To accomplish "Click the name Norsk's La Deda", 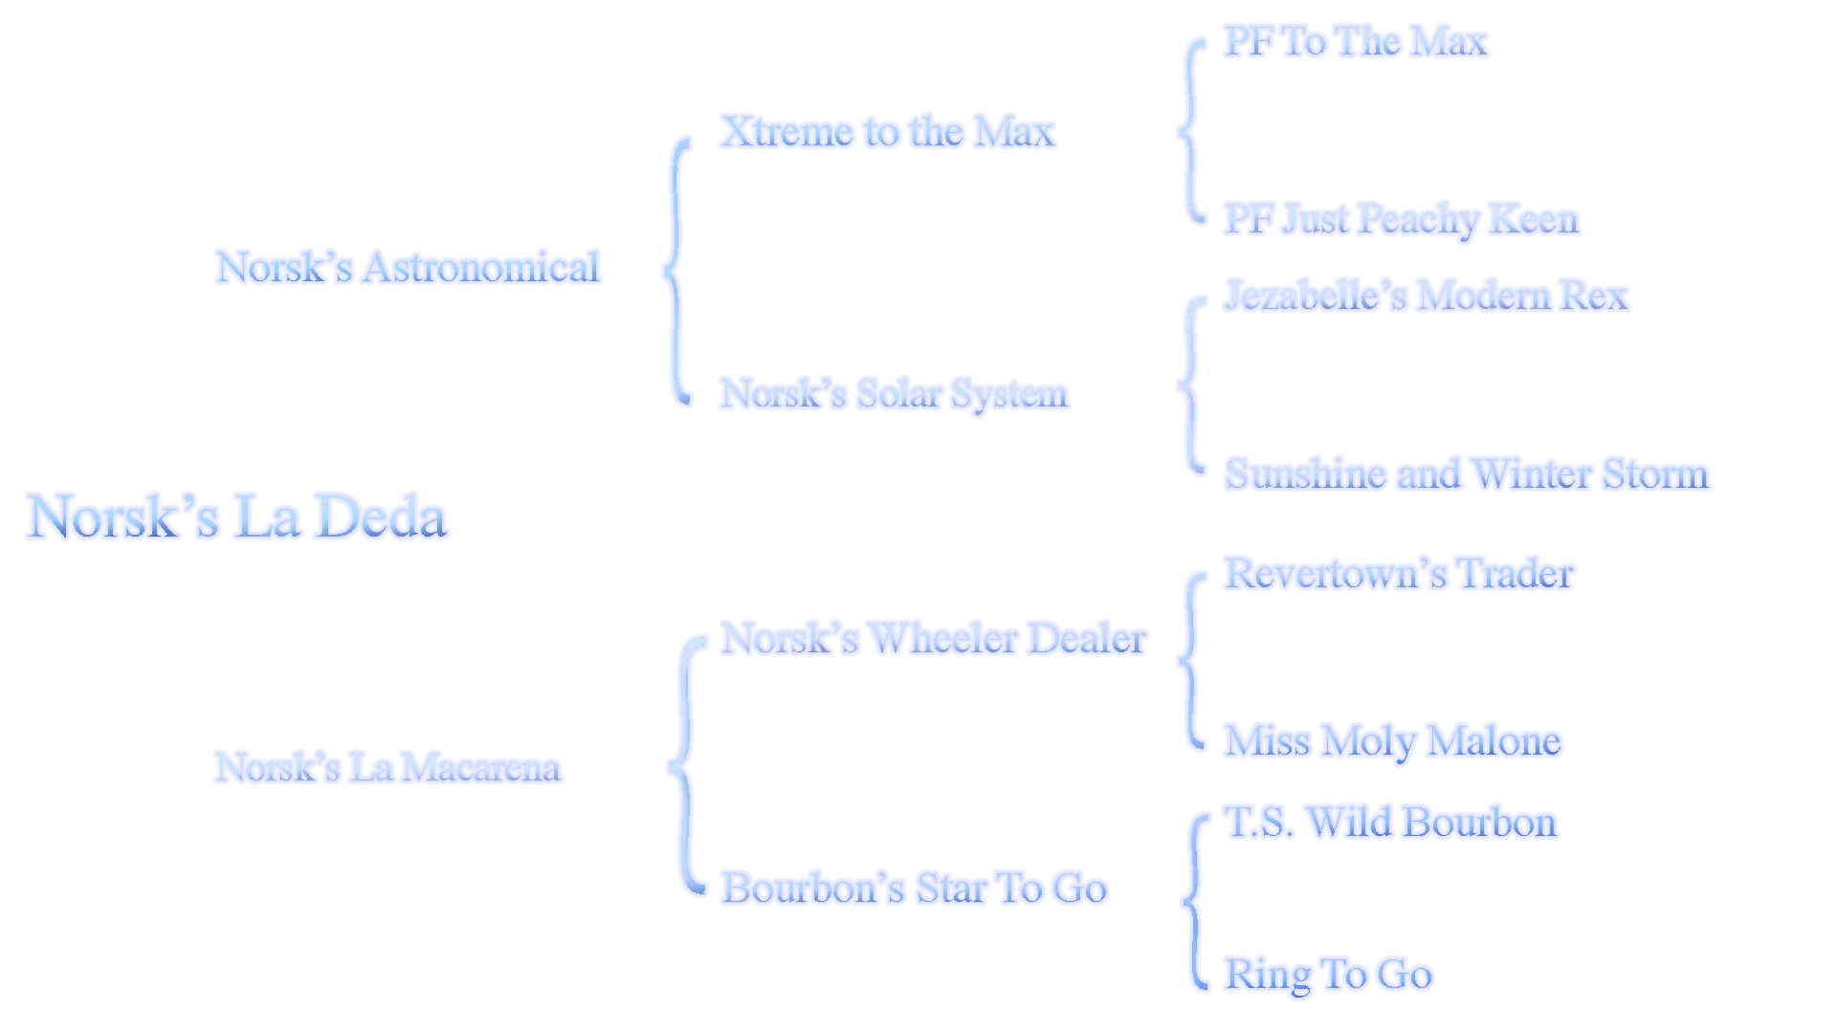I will point(235,516).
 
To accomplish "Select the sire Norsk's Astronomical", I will point(406,266).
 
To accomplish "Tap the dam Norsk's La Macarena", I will point(387,767).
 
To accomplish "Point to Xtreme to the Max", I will point(888,131).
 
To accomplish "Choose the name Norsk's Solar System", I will point(895,393).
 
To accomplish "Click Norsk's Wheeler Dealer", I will point(933,639).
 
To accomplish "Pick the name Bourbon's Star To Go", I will point(915,888).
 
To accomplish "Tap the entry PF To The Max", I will point(1355,42).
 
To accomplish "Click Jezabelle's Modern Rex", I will point(1427,295).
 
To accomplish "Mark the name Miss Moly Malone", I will point(1392,742).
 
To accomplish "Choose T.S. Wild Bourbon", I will point(1392,823).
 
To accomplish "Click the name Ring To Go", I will point(1330,974).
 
